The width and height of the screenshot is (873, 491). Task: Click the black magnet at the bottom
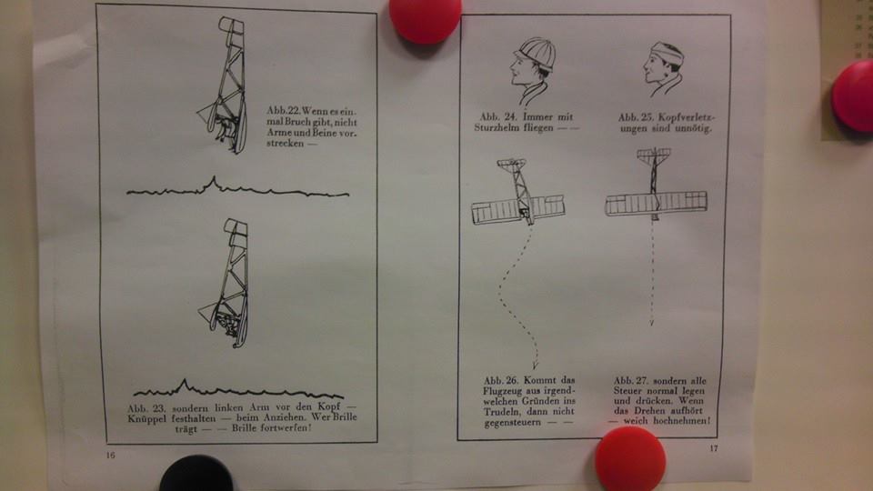196,475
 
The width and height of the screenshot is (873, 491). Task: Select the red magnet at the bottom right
629,460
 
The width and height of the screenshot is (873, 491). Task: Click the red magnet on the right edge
853,95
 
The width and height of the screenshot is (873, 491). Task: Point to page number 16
110,456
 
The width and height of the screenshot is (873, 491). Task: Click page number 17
713,448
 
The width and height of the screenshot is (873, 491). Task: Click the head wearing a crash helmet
533,70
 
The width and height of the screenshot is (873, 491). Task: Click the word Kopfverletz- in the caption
687,117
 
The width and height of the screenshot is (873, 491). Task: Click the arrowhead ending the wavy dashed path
535,366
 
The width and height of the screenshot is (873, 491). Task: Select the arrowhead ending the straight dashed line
652,322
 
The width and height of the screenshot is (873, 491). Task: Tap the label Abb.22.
283,110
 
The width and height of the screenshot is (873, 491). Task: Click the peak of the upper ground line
213,177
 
